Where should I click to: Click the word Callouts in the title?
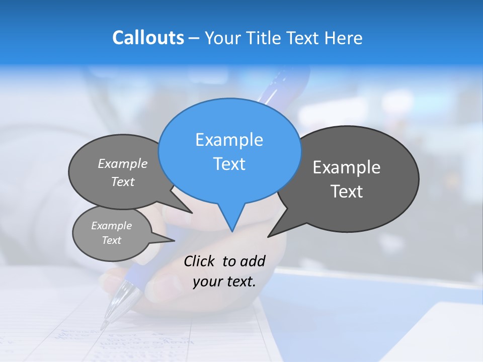148,38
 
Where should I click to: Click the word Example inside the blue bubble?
229,140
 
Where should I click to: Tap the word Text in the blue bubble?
229,164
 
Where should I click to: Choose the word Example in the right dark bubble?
347,167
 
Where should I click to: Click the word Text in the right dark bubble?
347,192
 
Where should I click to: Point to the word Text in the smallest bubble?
112,240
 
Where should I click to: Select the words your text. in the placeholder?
224,282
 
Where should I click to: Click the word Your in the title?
223,38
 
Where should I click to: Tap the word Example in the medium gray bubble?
123,163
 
